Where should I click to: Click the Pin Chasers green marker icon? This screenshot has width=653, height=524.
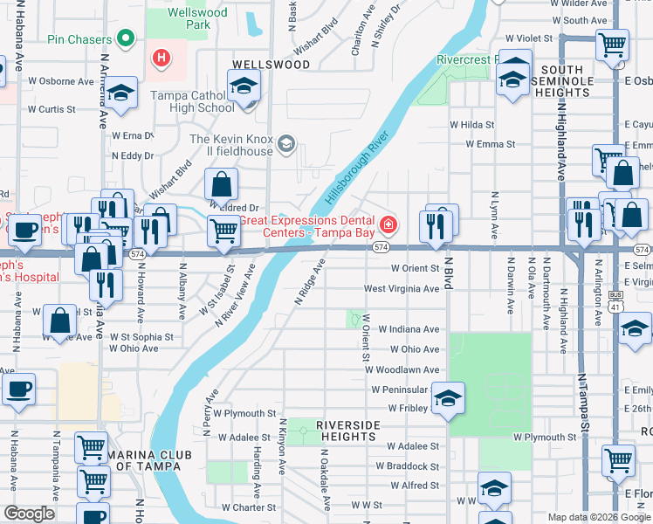pyautogui.click(x=126, y=39)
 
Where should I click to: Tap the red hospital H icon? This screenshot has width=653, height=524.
pyautogui.click(x=161, y=59)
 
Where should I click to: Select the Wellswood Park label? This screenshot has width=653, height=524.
pyautogui.click(x=199, y=18)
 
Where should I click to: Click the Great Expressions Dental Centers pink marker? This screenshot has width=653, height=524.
pyautogui.click(x=388, y=226)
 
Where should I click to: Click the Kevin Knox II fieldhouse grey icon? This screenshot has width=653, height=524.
pyautogui.click(x=285, y=143)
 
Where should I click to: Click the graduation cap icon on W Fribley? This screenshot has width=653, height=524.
pyautogui.click(x=448, y=399)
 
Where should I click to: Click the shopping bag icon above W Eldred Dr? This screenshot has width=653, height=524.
pyautogui.click(x=222, y=185)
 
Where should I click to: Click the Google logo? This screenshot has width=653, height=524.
pyautogui.click(x=29, y=514)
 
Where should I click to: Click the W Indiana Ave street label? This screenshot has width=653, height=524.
pyautogui.click(x=407, y=329)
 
